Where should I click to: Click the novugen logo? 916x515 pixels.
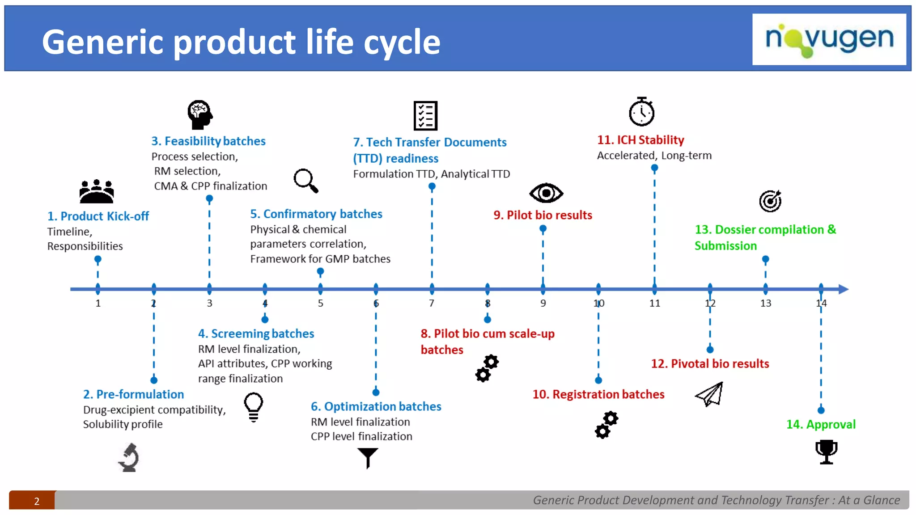click(829, 39)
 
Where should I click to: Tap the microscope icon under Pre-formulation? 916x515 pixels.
click(129, 457)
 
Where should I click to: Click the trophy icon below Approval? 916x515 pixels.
click(826, 452)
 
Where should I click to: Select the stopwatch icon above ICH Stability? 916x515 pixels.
click(641, 112)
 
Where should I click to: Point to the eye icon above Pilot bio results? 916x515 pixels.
click(546, 193)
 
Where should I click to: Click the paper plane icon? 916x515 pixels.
click(710, 394)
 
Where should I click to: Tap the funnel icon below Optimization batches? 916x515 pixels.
click(368, 457)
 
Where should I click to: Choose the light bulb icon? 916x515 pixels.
click(253, 406)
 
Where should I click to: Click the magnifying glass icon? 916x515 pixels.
click(306, 181)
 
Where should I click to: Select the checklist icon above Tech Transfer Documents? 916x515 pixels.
click(425, 116)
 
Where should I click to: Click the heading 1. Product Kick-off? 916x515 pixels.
click(98, 216)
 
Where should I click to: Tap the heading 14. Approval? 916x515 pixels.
click(821, 424)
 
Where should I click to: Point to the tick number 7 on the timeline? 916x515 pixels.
click(432, 303)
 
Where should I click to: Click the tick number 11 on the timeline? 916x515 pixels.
click(654, 303)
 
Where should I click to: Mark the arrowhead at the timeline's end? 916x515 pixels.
click(843, 289)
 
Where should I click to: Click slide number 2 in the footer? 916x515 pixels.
click(37, 501)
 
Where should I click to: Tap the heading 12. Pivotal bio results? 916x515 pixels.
click(710, 364)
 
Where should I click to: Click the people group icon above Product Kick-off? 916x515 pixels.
click(97, 191)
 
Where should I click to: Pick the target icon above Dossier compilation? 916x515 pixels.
click(770, 201)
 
